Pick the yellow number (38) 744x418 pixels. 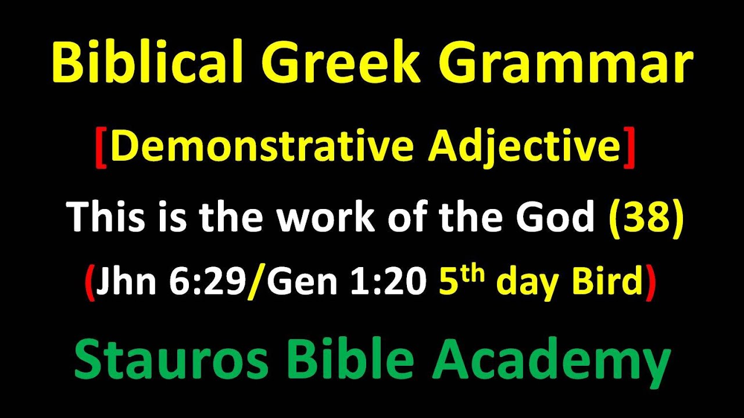(645, 217)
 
